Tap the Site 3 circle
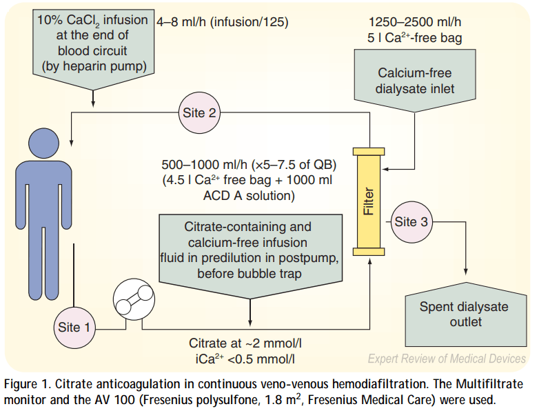pos(411,221)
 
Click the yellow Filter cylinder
pos(369,199)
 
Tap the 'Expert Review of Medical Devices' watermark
pos(447,359)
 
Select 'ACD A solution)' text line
pos(247,197)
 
